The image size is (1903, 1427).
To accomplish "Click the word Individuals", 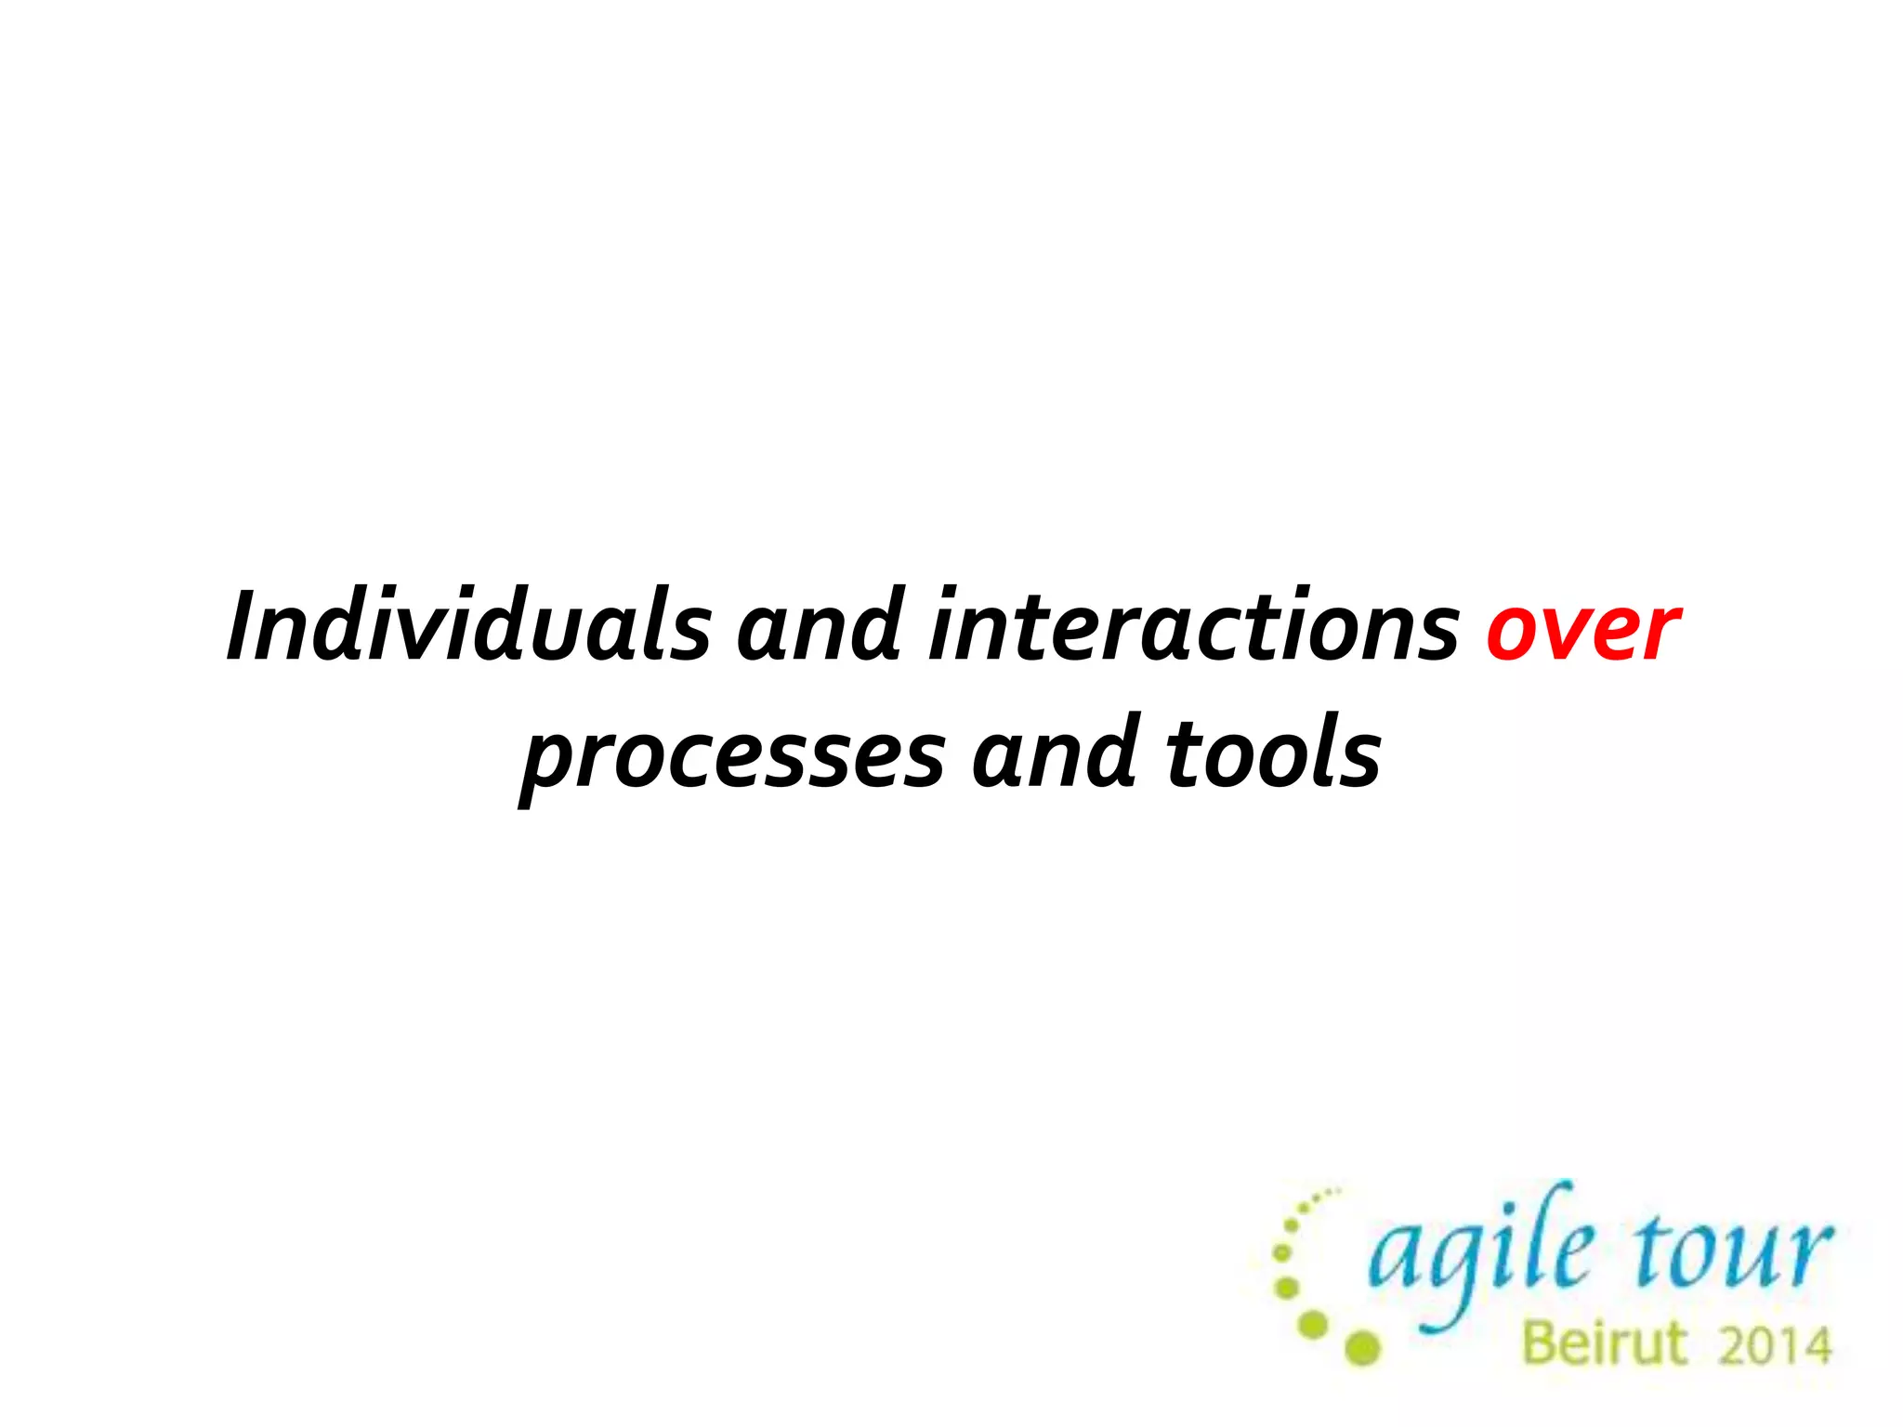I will pyautogui.click(x=469, y=625).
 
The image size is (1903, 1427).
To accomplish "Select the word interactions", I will pyautogui.click(x=1194, y=625).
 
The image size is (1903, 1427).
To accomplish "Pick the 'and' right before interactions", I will pyautogui.click(x=820, y=625).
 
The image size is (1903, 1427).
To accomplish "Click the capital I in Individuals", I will pyautogui.click(x=245, y=625).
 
